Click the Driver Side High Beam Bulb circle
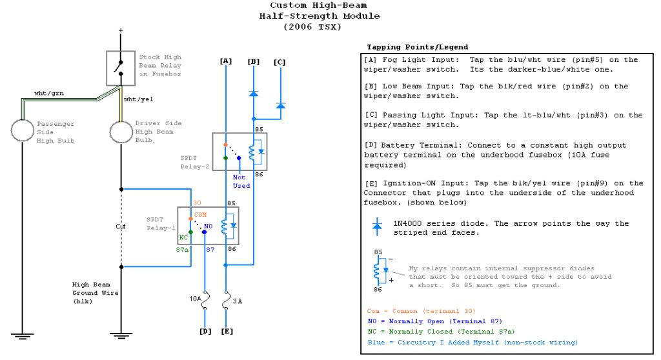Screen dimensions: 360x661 121,131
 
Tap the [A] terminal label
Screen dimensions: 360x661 225,61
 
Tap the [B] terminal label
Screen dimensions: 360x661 253,61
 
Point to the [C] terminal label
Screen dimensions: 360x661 279,61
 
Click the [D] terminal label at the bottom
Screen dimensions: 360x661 205,332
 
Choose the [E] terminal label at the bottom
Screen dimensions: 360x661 226,332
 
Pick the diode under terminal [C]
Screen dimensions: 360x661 280,105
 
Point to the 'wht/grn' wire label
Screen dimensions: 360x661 47,94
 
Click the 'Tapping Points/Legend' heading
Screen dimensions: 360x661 418,47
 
